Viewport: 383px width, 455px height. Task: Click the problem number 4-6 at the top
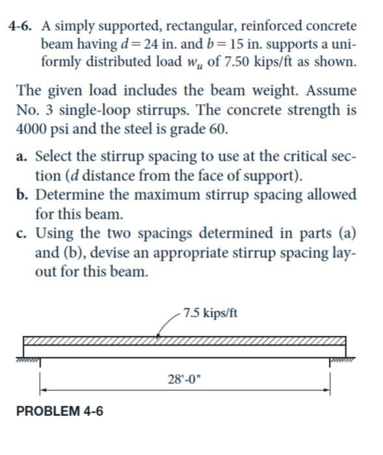pyautogui.click(x=21, y=27)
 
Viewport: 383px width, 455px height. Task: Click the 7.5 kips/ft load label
pyautogui.click(x=210, y=313)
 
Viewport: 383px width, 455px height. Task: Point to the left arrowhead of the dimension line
pyautogui.click(x=44, y=390)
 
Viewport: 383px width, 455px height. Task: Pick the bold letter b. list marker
pyautogui.click(x=23, y=194)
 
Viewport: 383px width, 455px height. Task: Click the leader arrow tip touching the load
pyautogui.click(x=158, y=337)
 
